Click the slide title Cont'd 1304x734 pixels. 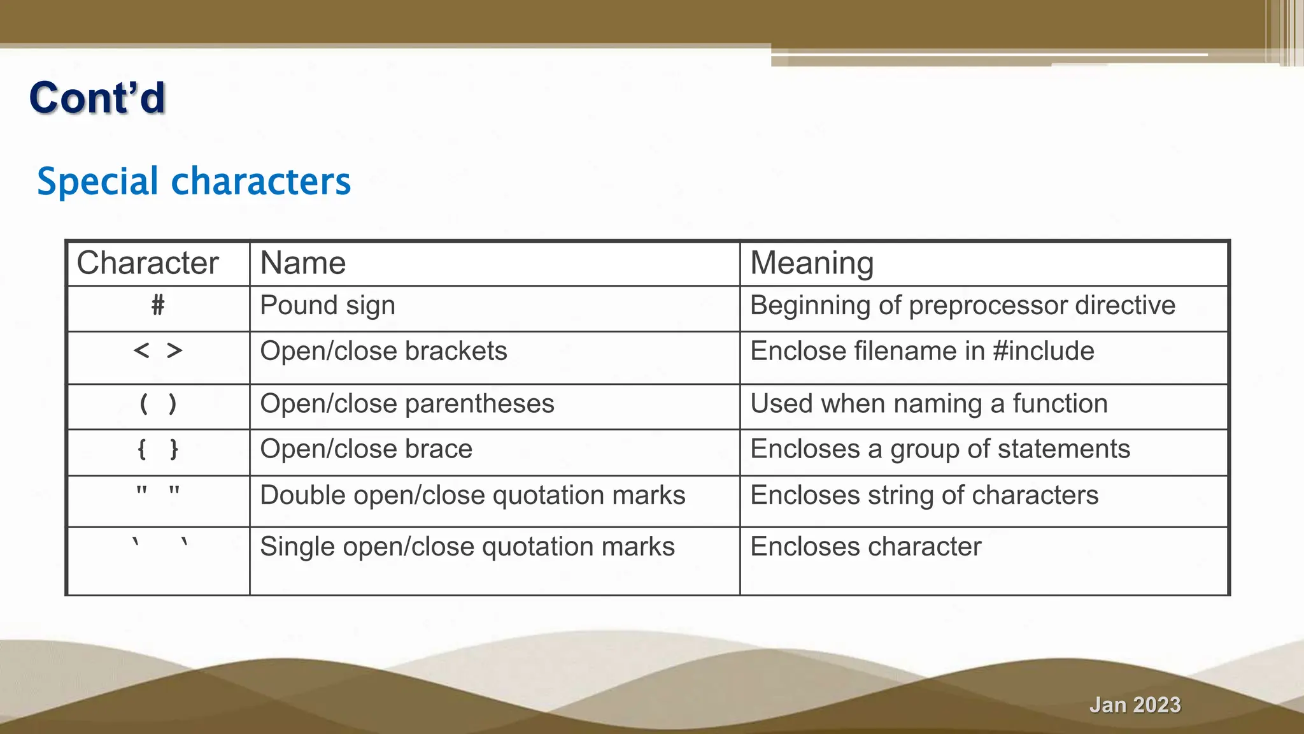pyautogui.click(x=97, y=98)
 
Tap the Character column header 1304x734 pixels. pyautogui.click(x=147, y=263)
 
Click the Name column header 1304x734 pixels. pyautogui.click(x=303, y=263)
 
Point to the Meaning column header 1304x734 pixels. pyautogui.click(x=812, y=263)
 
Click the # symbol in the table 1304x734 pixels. pyautogui.click(x=158, y=306)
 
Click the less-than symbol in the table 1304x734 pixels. pyautogui.click(x=141, y=350)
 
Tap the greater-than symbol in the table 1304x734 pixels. pyautogui.click(x=174, y=350)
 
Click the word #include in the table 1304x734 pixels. pyautogui.click(x=1044, y=351)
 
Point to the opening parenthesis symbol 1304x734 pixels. pyautogui.click(x=144, y=404)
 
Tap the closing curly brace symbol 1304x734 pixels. pyautogui.click(x=174, y=450)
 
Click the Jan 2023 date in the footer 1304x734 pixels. pyautogui.click(x=1135, y=705)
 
